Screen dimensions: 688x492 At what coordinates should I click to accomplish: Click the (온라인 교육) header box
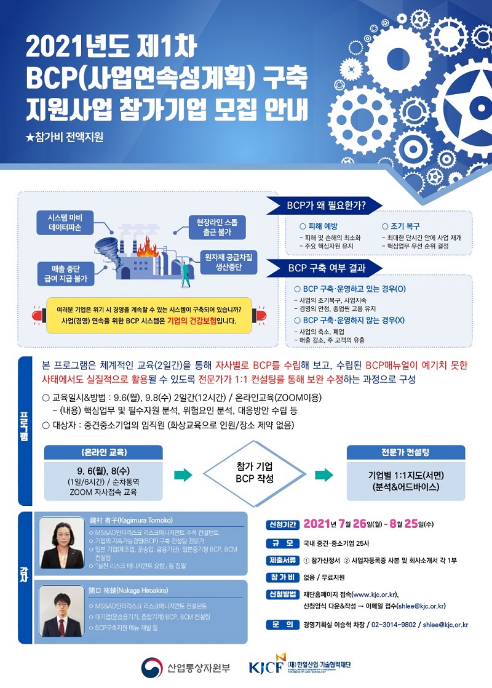(x=103, y=452)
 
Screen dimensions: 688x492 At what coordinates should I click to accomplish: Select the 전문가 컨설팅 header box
(x=405, y=452)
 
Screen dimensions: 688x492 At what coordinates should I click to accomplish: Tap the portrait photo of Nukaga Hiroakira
(x=61, y=608)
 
